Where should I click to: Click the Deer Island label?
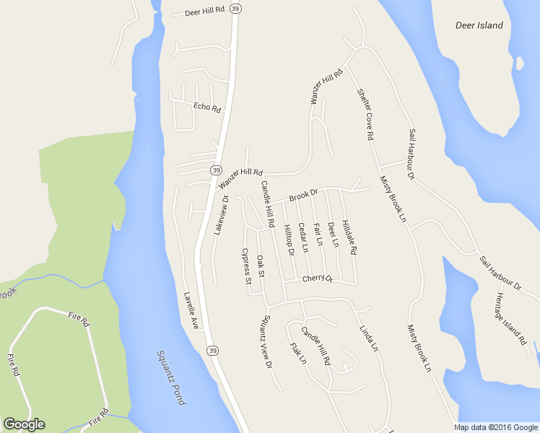tap(479, 25)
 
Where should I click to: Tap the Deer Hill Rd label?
tap(206, 12)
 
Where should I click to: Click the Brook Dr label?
tap(303, 195)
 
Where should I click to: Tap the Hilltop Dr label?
tap(289, 239)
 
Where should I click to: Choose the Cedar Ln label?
tap(303, 237)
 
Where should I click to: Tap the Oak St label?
tap(261, 266)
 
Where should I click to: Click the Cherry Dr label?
tap(318, 279)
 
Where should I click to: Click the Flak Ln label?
tap(298, 353)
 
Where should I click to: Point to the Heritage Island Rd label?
tap(511, 320)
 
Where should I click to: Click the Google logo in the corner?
tap(24, 424)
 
